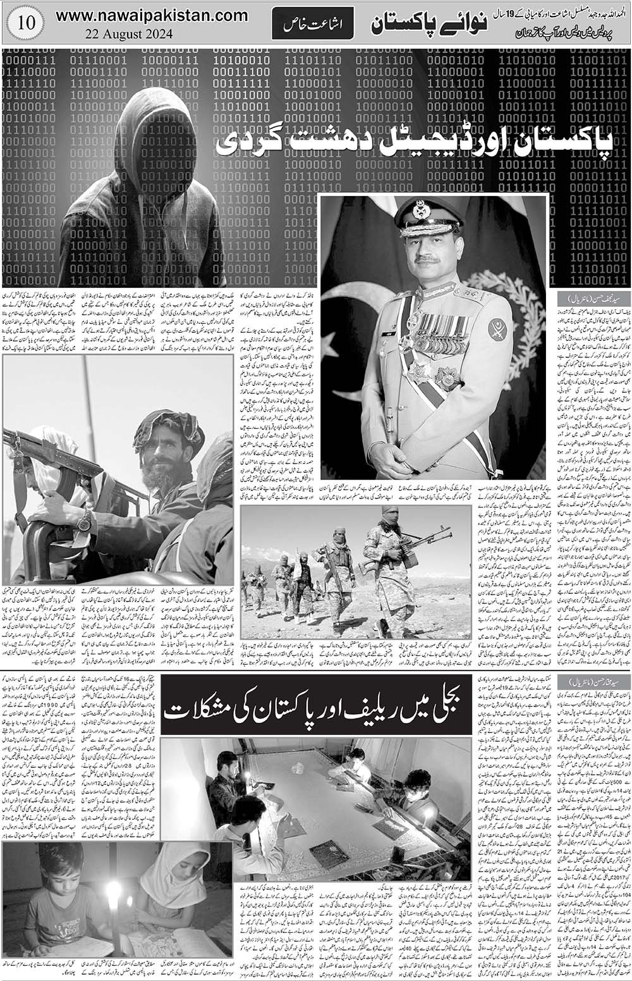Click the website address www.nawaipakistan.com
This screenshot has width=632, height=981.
152,15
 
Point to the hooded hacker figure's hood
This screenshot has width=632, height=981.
145,120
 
